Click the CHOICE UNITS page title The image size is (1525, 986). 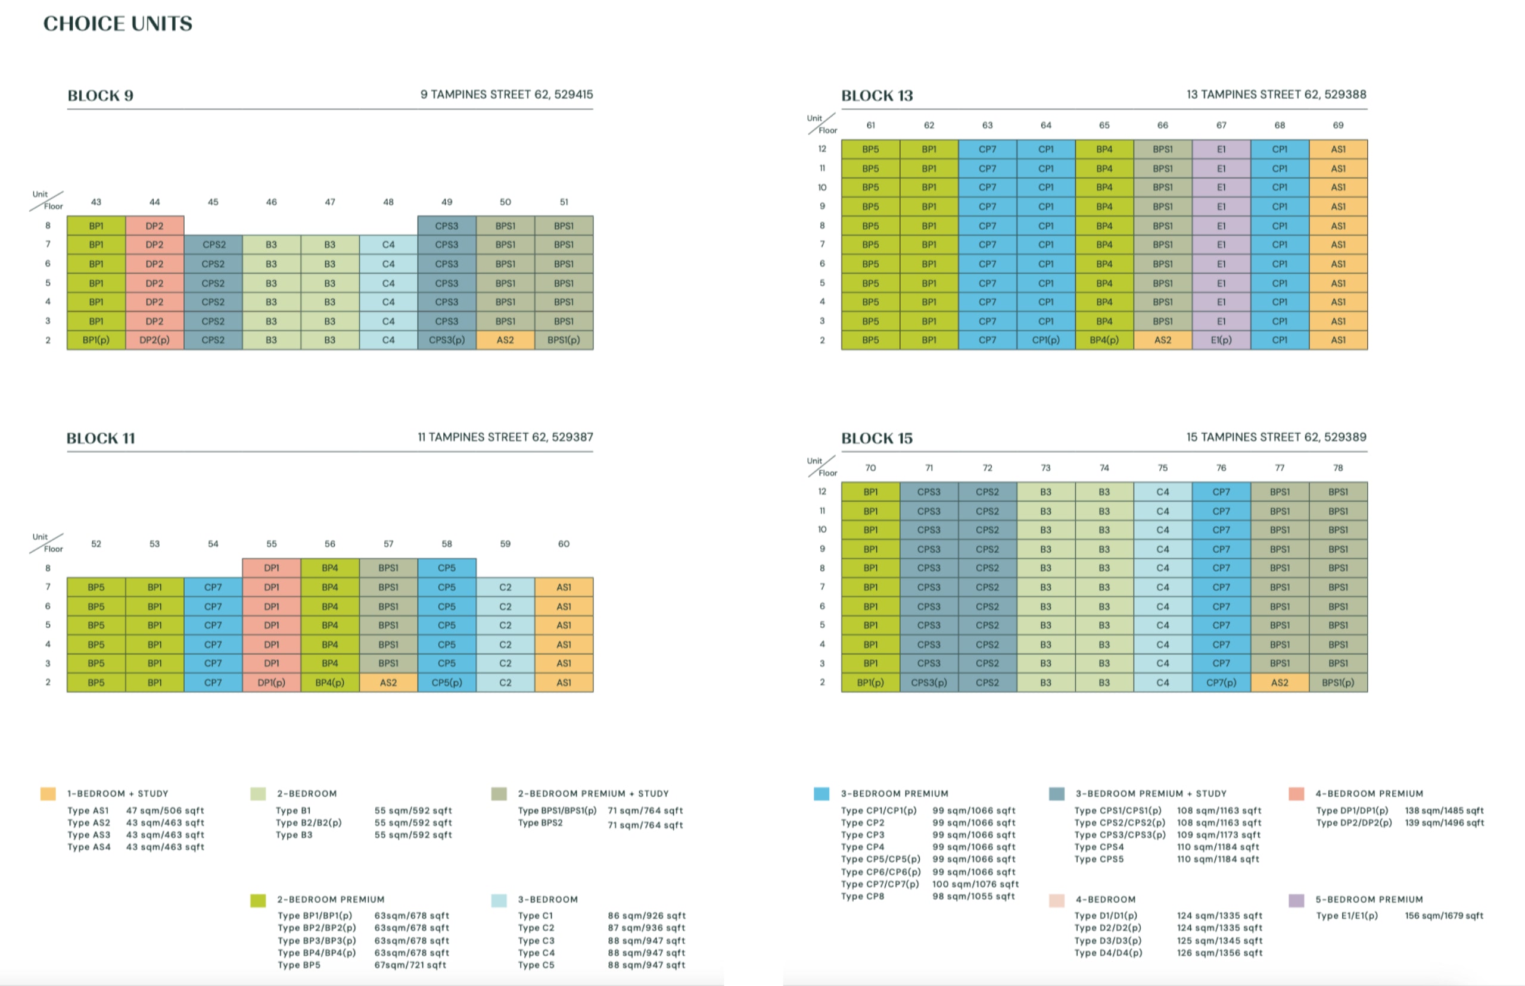click(x=118, y=24)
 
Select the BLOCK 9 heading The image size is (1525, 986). click(x=101, y=95)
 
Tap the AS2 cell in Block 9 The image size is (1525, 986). click(x=505, y=340)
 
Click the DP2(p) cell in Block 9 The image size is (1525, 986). click(x=154, y=340)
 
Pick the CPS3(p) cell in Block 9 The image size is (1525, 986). click(x=447, y=340)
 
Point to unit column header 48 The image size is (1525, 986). click(x=388, y=202)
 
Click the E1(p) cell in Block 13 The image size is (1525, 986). click(x=1221, y=340)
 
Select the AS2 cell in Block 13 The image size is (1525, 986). click(x=1162, y=340)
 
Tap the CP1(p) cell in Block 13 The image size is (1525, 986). click(x=1045, y=340)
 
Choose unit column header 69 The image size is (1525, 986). click(x=1338, y=126)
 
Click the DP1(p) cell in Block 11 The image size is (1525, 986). click(x=271, y=683)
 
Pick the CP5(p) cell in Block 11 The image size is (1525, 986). click(x=447, y=683)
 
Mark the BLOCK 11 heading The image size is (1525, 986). click(x=101, y=438)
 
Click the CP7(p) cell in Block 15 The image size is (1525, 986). click(x=1221, y=683)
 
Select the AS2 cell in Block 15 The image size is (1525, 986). click(x=1280, y=683)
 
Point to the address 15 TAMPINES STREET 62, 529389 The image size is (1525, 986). click(x=1276, y=437)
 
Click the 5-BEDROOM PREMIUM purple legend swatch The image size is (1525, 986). click(x=1296, y=900)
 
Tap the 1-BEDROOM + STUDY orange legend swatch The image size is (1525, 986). click(x=48, y=794)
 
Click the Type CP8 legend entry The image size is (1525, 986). click(x=863, y=896)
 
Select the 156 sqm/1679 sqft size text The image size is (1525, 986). click(x=1443, y=916)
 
